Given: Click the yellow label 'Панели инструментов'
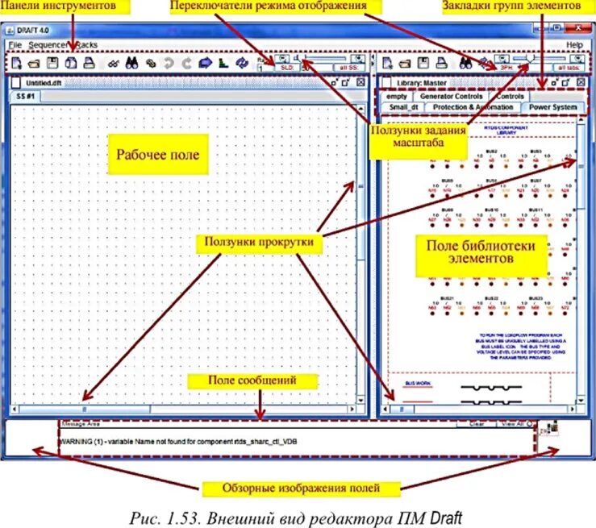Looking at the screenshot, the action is pos(65,6).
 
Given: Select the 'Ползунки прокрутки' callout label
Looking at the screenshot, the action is pos(258,241).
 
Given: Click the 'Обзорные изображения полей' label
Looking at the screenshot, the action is pos(301,489).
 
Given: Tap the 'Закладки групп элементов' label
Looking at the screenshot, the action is pos(511,6).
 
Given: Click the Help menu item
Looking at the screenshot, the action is pos(574,44).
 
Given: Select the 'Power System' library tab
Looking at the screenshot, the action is pos(552,107).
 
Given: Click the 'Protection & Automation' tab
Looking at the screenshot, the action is pos(472,107).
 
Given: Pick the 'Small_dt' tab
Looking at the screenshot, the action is pos(402,107).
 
